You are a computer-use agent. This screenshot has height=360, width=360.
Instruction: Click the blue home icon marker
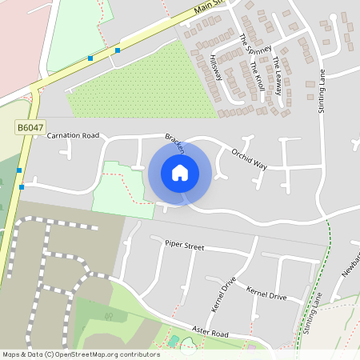(180, 173)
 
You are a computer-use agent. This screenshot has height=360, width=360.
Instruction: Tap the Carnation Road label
(73, 136)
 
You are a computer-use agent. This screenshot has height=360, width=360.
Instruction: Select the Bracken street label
(175, 143)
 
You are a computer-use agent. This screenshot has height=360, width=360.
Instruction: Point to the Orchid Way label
(249, 158)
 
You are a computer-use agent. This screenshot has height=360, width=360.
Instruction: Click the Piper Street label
(185, 245)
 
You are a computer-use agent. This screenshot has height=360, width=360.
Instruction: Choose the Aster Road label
(210, 332)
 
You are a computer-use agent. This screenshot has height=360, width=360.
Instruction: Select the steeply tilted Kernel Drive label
(218, 297)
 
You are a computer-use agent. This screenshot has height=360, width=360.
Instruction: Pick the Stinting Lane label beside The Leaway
(324, 91)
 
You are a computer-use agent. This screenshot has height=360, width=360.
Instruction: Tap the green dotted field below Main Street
(136, 92)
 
